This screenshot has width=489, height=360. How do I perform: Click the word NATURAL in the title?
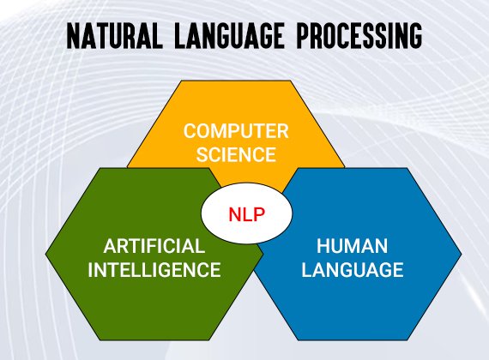pyautogui.click(x=114, y=35)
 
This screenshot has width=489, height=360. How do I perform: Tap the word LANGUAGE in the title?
pyautogui.click(x=229, y=35)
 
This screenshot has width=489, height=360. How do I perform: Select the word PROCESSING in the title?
pyautogui.click(x=359, y=35)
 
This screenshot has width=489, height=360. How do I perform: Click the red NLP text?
pyautogui.click(x=247, y=214)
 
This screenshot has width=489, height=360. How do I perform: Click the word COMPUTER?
pyautogui.click(x=236, y=131)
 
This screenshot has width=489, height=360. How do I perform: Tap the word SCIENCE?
pyautogui.click(x=236, y=154)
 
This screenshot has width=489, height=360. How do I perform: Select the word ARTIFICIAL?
pyautogui.click(x=154, y=246)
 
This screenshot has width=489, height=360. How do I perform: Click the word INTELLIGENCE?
pyautogui.click(x=154, y=270)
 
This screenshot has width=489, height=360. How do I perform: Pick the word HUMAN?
pyautogui.click(x=353, y=246)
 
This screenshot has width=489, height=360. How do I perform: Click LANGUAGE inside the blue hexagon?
pyautogui.click(x=353, y=270)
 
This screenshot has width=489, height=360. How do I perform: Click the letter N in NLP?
pyautogui.click(x=234, y=214)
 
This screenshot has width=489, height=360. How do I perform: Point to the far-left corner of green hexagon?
pyautogui.click(x=45, y=255)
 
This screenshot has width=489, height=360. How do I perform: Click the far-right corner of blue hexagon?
pyautogui.click(x=462, y=255)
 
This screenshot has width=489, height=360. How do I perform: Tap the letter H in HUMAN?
pyautogui.click(x=323, y=246)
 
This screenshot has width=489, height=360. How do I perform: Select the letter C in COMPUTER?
pyautogui.click(x=190, y=131)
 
